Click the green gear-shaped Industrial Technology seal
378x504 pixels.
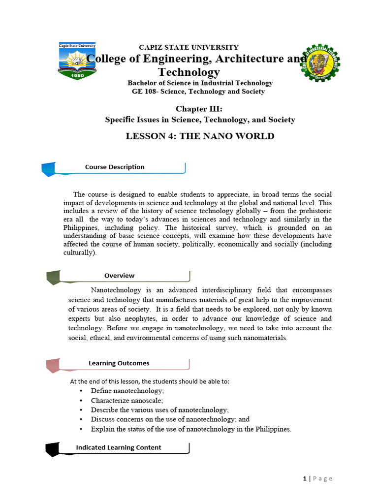click(320, 63)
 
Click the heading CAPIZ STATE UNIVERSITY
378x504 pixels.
click(189, 47)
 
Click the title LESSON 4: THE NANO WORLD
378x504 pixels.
click(200, 136)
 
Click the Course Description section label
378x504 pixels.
click(115, 167)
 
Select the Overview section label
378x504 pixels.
click(119, 276)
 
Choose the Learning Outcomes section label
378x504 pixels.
click(119, 363)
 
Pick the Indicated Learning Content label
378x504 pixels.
click(118, 447)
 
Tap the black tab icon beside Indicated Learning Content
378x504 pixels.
click(52, 449)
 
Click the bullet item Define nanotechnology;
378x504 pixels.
click(127, 390)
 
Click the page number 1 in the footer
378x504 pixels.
click(304, 478)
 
